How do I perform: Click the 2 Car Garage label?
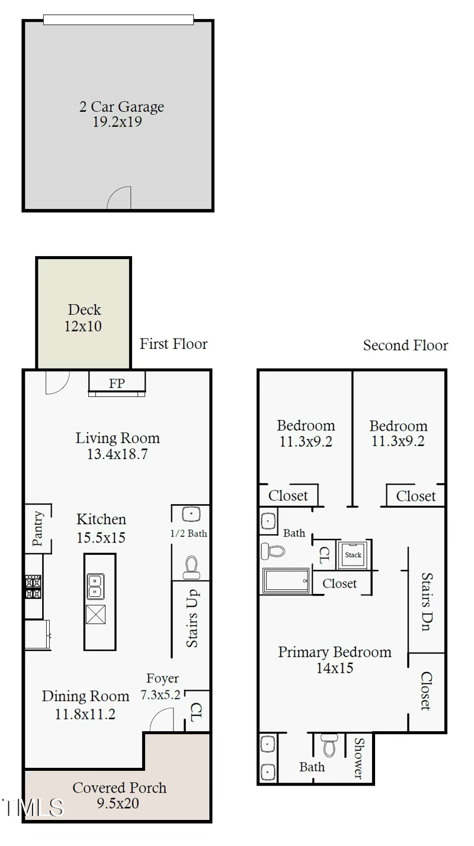(x=121, y=107)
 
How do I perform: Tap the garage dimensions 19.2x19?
(x=117, y=122)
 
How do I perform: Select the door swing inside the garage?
(x=120, y=199)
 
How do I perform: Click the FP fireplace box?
(x=117, y=383)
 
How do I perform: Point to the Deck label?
(x=84, y=309)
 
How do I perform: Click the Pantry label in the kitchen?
(x=38, y=528)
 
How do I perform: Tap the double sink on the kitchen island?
(x=95, y=586)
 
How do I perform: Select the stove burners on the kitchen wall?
(x=33, y=588)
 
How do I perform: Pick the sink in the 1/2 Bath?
(x=190, y=513)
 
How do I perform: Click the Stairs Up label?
(x=192, y=619)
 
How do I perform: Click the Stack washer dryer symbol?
(x=353, y=554)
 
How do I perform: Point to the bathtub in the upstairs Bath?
(x=286, y=580)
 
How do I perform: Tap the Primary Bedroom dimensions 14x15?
(x=335, y=668)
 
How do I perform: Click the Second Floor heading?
(x=405, y=345)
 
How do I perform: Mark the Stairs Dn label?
(x=426, y=602)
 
